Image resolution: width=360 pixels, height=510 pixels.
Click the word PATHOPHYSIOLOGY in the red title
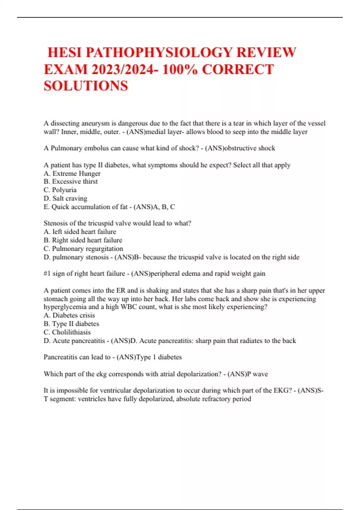pos(159,52)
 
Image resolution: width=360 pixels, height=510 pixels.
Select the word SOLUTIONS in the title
pos(86,86)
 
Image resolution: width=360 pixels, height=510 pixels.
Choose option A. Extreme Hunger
pos(72,173)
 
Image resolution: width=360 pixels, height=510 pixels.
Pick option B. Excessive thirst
pos(70,181)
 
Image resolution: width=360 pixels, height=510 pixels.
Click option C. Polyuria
pos(60,190)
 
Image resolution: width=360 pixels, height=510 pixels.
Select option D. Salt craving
pos(65,198)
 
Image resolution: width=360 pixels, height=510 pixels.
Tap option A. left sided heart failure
pos(80,232)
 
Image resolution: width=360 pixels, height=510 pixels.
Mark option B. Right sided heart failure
pos(83,240)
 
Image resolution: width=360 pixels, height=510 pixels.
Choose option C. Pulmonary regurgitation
pos(83,249)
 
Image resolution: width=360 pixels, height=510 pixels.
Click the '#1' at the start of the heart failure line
pos(47,274)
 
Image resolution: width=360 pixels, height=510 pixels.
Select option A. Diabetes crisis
pos(69,315)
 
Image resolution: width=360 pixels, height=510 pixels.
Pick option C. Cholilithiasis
pos(67,332)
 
